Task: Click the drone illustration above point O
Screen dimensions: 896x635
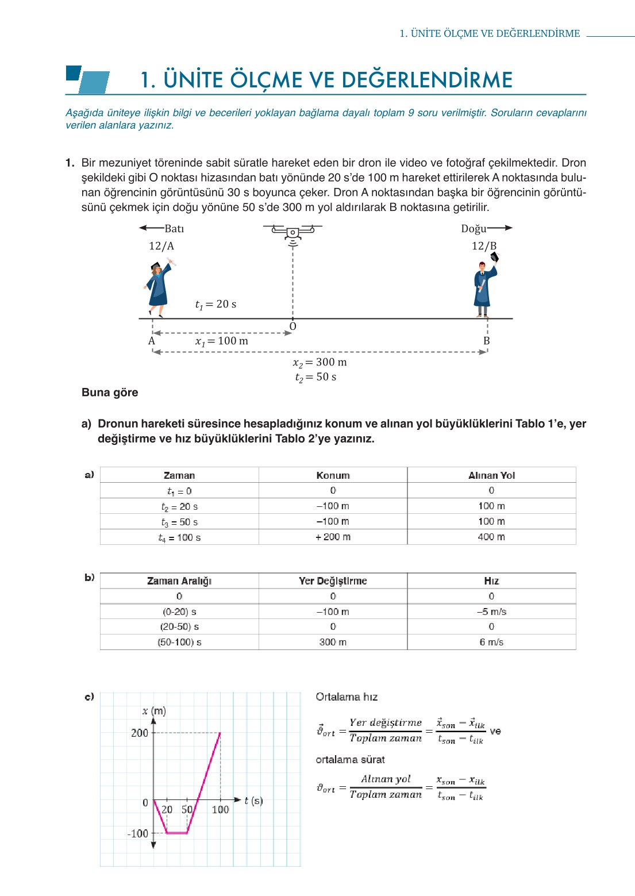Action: click(x=293, y=233)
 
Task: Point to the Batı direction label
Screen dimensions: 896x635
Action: click(x=174, y=229)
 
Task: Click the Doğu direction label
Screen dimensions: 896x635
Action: click(x=474, y=229)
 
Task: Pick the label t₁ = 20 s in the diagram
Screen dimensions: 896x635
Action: click(x=215, y=305)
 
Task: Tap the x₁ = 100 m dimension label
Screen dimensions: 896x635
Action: click(x=221, y=341)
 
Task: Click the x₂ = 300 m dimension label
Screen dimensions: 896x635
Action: click(x=320, y=363)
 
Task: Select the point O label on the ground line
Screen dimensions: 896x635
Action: click(x=293, y=326)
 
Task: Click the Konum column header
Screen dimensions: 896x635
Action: click(x=333, y=475)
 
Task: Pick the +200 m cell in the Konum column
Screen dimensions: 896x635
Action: click(x=333, y=537)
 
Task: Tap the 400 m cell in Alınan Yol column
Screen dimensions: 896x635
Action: click(x=491, y=537)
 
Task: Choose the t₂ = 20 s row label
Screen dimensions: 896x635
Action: click(x=179, y=507)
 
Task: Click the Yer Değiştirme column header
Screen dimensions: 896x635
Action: click(x=333, y=581)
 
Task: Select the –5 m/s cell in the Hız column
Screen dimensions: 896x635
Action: click(x=491, y=612)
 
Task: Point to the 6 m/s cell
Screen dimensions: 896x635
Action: click(x=491, y=642)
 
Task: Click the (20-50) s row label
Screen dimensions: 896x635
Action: click(x=179, y=626)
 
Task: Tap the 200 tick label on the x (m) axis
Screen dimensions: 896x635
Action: click(x=140, y=733)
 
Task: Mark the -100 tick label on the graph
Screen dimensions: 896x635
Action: click(x=138, y=833)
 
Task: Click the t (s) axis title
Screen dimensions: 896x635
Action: click(x=253, y=801)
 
